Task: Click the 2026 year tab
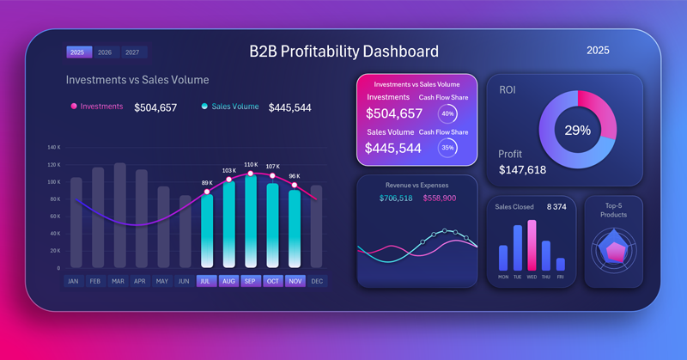[x=105, y=52]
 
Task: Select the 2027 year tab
[x=131, y=52]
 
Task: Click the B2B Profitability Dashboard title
[x=343, y=52]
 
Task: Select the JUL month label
[x=206, y=281]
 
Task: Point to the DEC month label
[x=317, y=281]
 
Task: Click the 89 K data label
[x=207, y=183]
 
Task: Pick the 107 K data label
[x=272, y=167]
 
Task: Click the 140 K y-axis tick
[x=53, y=147]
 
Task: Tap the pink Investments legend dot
[x=74, y=107]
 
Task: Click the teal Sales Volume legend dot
[x=204, y=107]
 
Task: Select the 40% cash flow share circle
[x=447, y=113]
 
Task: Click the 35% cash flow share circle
[x=447, y=148]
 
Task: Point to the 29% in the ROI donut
[x=577, y=131]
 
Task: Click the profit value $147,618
[x=522, y=170]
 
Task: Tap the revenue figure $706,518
[x=396, y=198]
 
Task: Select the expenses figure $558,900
[x=440, y=198]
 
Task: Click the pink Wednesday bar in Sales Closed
[x=532, y=245]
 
